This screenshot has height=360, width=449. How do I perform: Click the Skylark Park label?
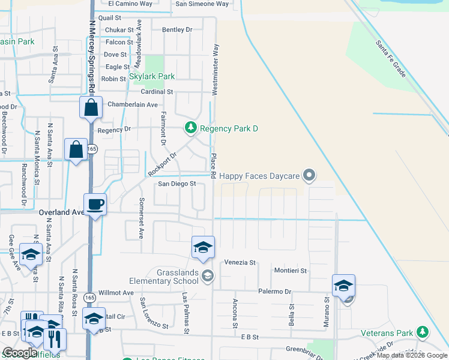pos(152,77)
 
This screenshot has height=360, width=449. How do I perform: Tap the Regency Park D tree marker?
pos(190,128)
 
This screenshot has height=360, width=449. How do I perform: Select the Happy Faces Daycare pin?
pos(309,176)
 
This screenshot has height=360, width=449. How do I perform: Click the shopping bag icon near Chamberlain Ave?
pos(91,109)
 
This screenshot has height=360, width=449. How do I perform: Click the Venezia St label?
pos(240,263)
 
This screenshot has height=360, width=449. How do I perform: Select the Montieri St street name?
pos(291,271)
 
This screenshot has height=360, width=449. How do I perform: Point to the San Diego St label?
pos(177,184)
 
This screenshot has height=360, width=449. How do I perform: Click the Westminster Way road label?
pos(215,68)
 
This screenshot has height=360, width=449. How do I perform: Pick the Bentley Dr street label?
pos(177,29)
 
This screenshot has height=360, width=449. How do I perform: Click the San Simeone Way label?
pos(202,4)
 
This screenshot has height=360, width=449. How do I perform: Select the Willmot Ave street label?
pos(116,293)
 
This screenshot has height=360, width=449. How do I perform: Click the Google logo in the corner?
pos(20,352)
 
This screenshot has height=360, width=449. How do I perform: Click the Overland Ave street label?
pos(62,212)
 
